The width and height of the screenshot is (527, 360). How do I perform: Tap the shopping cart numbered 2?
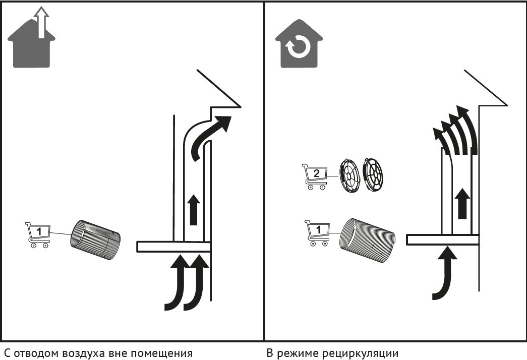[315, 177]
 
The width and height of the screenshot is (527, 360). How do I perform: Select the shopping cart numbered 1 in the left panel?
[38, 235]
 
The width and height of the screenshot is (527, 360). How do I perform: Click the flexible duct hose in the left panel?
[95, 240]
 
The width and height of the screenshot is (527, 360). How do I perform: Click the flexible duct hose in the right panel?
[367, 240]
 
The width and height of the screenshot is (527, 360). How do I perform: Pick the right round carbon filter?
[373, 175]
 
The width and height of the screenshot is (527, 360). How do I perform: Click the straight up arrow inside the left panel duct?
[194, 209]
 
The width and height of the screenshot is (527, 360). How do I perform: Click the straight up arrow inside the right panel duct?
[463, 204]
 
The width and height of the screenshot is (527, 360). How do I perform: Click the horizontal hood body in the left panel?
[173, 247]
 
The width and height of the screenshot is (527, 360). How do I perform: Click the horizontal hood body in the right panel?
[443, 239]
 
